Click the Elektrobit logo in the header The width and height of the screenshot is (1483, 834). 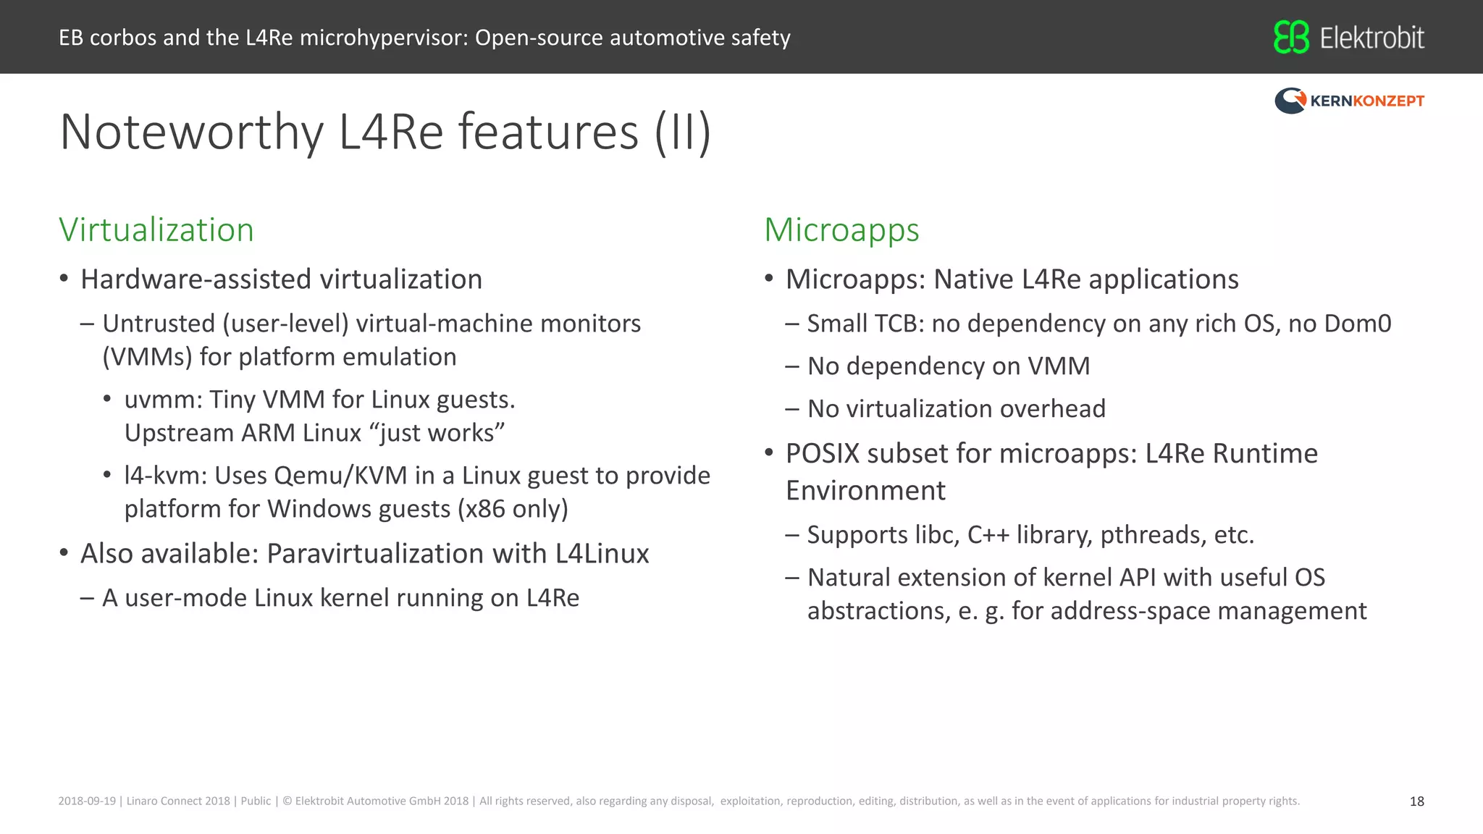pos(1348,38)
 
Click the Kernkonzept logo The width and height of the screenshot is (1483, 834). pos(1349,101)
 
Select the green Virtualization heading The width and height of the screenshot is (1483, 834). pos(156,230)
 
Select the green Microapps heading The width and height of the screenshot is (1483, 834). pos(841,230)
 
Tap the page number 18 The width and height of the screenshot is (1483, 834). pos(1416,801)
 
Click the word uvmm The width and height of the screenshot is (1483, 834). pos(163,400)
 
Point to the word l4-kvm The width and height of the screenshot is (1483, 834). pos(166,476)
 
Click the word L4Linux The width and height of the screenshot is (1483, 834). pos(602,554)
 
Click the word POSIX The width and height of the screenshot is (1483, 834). pos(823,454)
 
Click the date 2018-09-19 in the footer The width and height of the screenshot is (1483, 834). pos(87,801)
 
